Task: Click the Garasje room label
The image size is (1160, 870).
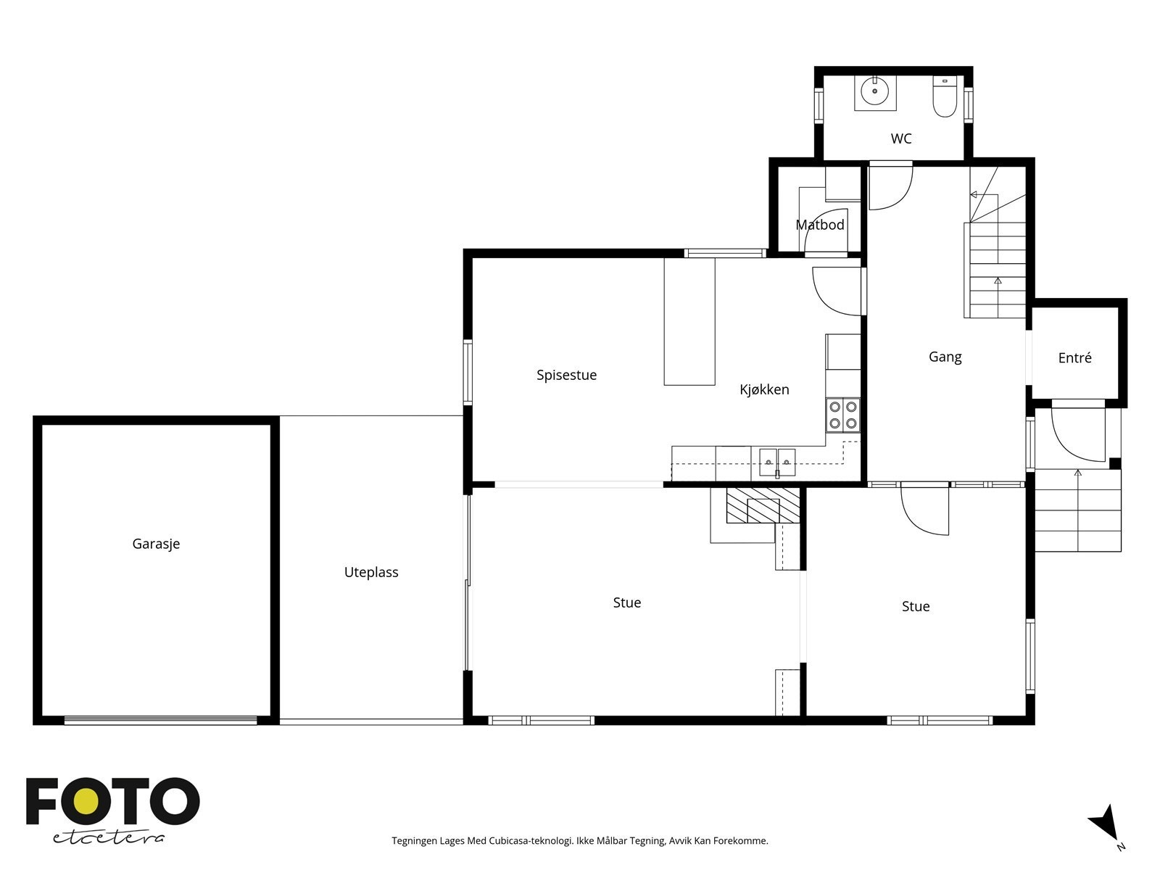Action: (x=156, y=544)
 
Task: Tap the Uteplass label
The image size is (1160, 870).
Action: (x=371, y=573)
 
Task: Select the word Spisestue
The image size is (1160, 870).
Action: (x=566, y=375)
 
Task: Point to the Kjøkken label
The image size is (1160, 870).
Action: (x=764, y=389)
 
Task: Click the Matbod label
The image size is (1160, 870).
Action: (x=820, y=225)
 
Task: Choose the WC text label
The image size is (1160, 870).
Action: (x=901, y=138)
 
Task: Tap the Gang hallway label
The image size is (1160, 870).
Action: (x=945, y=357)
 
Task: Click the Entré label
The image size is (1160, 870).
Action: (x=1075, y=357)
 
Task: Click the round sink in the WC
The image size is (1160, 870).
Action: (x=874, y=91)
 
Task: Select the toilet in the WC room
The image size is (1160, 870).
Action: (x=945, y=96)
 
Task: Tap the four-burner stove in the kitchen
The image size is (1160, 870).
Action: (x=843, y=415)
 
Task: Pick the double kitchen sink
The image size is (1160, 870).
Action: (x=777, y=463)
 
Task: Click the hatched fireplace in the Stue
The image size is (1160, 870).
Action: (x=763, y=505)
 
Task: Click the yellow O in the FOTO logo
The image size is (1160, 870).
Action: (x=86, y=801)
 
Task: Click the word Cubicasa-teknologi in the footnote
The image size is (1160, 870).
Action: (x=531, y=841)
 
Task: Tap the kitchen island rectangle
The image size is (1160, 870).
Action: (x=689, y=321)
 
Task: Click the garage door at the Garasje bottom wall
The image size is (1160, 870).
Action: (x=161, y=719)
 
